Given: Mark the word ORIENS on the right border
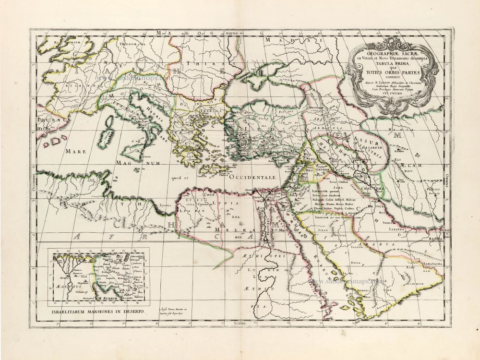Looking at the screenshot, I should pos(446,181).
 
